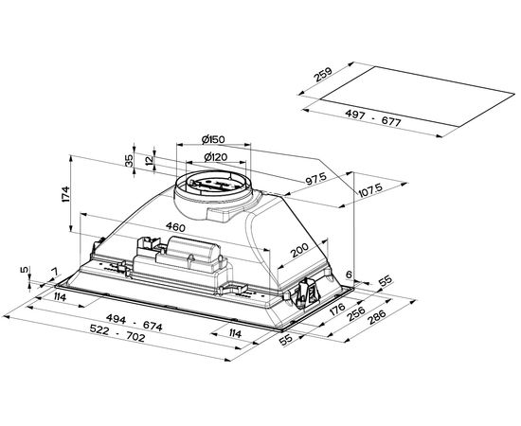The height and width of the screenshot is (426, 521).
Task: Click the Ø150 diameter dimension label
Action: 213,139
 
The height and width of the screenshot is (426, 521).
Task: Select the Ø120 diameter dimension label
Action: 216,157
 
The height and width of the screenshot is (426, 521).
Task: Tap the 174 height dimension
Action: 65,194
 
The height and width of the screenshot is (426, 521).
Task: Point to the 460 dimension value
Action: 176,227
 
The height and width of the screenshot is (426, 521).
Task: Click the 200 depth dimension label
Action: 299,250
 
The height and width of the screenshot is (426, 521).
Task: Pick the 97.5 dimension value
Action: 316,179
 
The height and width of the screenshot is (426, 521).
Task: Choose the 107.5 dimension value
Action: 370,190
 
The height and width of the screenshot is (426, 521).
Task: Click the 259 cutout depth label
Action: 323,75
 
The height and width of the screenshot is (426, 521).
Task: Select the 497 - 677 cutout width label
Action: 373,118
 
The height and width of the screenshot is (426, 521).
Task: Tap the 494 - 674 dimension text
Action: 135,323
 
